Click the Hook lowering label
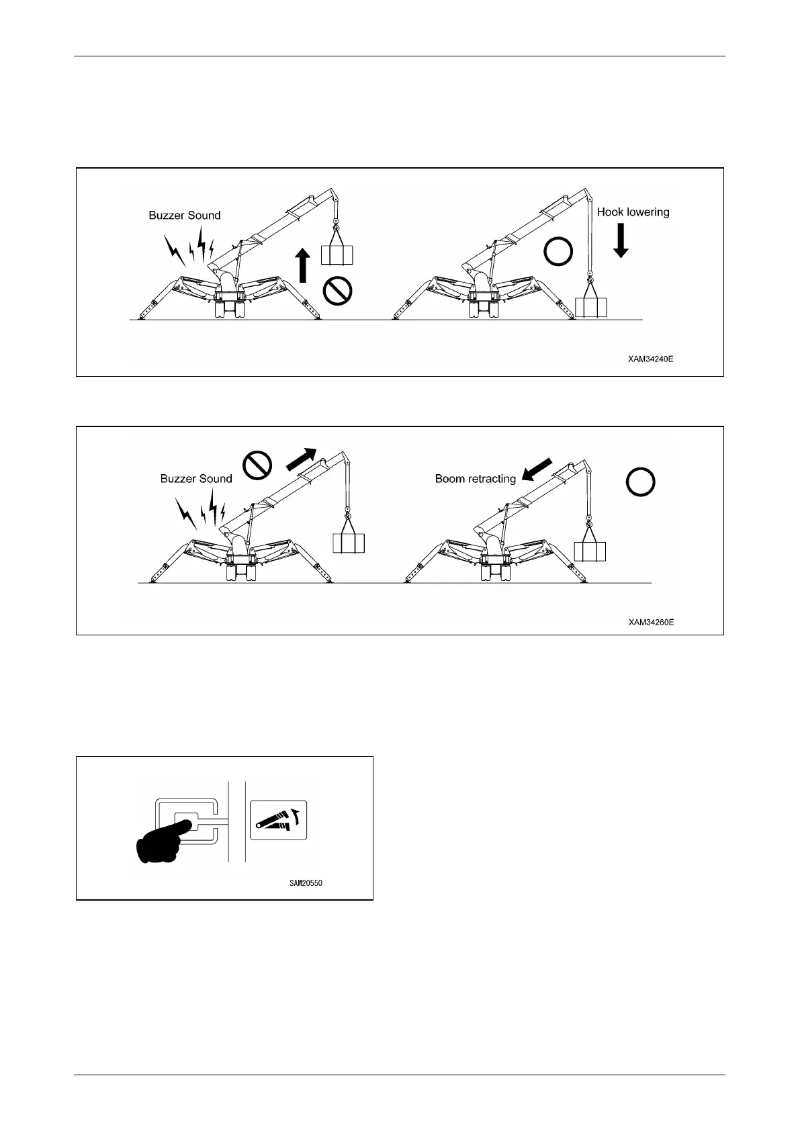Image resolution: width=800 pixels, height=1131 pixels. tap(633, 212)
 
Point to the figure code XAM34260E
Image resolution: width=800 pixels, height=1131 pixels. tap(651, 623)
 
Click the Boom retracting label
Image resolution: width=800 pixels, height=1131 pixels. tap(475, 479)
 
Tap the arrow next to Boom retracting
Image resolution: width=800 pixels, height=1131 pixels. tap(537, 469)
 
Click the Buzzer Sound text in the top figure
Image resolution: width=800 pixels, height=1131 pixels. tap(185, 216)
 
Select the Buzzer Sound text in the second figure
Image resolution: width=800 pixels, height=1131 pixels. tap(196, 479)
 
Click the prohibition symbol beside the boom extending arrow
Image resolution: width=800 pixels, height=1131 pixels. tap(257, 465)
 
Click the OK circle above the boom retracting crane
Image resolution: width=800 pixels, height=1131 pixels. tap(640, 482)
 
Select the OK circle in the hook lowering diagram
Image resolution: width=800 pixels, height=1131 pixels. tap(558, 253)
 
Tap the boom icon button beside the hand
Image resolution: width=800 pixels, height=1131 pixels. tap(278, 819)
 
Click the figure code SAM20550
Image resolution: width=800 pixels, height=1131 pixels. tap(301, 883)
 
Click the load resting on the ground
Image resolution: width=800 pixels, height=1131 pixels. tap(591, 307)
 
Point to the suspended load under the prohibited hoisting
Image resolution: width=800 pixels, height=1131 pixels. tap(337, 255)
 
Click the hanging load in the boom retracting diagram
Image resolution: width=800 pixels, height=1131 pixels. tap(590, 550)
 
